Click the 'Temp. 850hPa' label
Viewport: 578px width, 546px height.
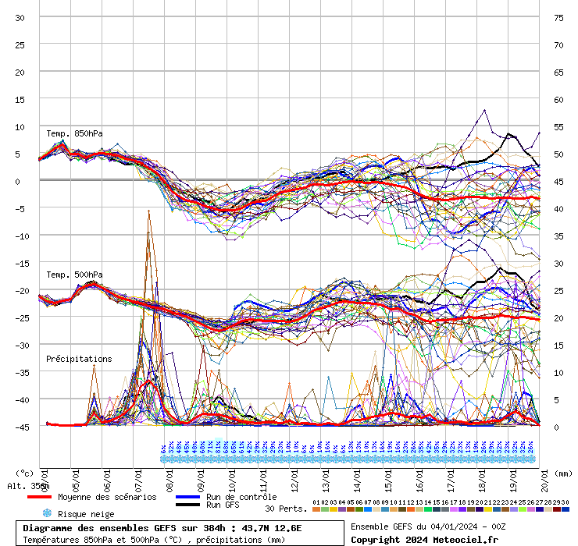click(x=74, y=133)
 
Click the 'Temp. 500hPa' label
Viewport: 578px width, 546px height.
click(x=74, y=275)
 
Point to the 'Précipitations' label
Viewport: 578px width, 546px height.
click(x=79, y=359)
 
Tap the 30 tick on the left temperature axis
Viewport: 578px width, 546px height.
click(x=20, y=17)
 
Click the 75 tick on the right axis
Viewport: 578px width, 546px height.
click(x=558, y=17)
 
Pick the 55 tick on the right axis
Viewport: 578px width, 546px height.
click(x=558, y=126)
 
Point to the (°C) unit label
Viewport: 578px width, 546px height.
click(x=23, y=473)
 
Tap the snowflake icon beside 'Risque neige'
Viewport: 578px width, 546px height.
click(x=46, y=513)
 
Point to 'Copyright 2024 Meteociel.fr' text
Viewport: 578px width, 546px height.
click(x=424, y=539)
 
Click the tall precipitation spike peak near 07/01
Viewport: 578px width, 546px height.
click(x=148, y=211)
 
